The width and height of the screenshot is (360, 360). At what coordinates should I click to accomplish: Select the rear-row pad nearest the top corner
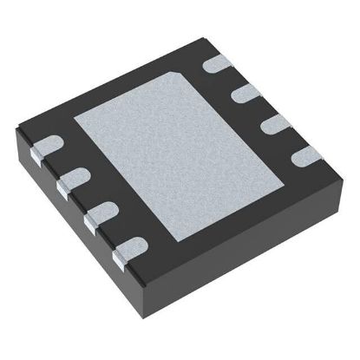(x=217, y=63)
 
